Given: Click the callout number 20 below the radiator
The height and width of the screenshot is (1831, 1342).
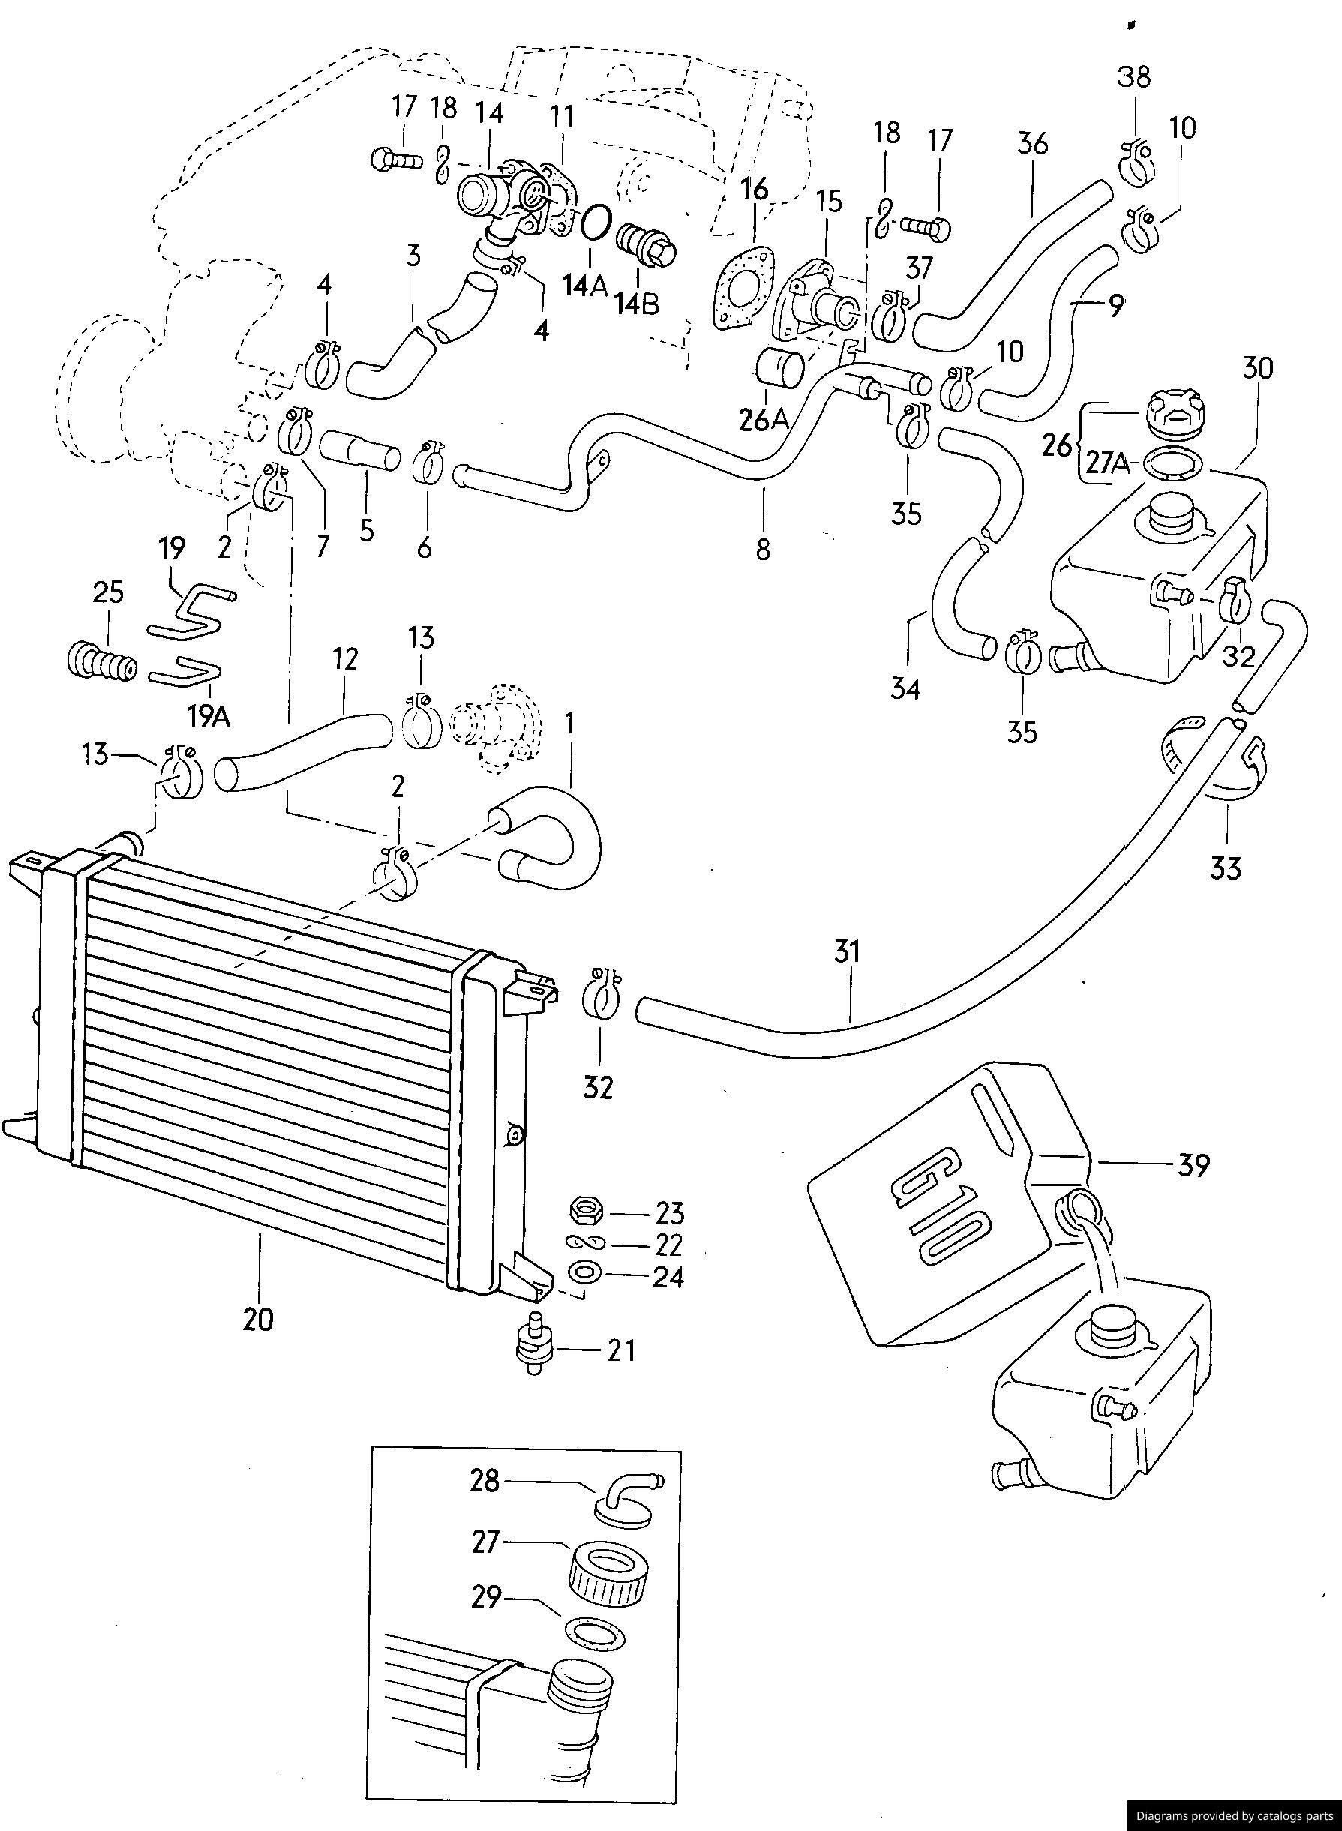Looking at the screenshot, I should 258,1320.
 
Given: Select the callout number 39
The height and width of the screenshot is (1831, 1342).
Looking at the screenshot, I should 1193,1165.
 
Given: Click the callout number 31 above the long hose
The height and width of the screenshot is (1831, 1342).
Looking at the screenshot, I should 846,951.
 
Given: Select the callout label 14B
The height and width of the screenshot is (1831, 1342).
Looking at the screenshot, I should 637,304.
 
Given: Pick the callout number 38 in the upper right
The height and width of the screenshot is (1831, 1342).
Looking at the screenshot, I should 1134,77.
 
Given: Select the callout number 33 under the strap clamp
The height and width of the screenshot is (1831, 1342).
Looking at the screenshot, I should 1226,869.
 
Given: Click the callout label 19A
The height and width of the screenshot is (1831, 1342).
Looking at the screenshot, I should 209,715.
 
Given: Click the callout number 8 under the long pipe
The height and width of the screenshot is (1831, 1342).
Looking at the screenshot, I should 762,550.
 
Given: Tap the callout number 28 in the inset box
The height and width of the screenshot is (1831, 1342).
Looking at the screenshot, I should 485,1481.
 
